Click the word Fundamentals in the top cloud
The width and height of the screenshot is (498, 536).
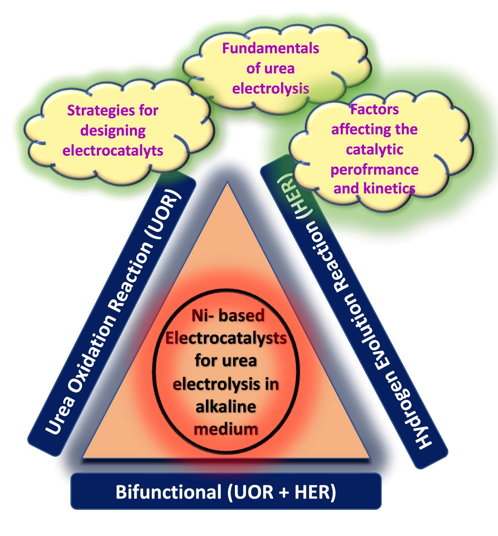(x=270, y=48)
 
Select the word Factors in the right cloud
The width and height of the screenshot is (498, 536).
(x=374, y=109)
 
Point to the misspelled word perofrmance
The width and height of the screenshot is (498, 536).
(x=374, y=170)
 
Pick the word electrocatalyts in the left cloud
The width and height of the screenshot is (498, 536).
(x=113, y=150)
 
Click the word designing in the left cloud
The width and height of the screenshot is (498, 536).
(x=113, y=131)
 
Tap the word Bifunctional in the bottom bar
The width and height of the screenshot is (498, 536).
(x=168, y=492)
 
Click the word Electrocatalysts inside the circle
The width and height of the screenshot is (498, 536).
(x=226, y=338)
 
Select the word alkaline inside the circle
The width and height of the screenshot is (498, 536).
(x=226, y=407)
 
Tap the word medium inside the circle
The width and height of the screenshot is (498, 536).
(x=226, y=428)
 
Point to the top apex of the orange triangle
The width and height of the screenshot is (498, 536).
(x=227, y=184)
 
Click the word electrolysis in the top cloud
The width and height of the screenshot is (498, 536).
(x=270, y=88)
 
